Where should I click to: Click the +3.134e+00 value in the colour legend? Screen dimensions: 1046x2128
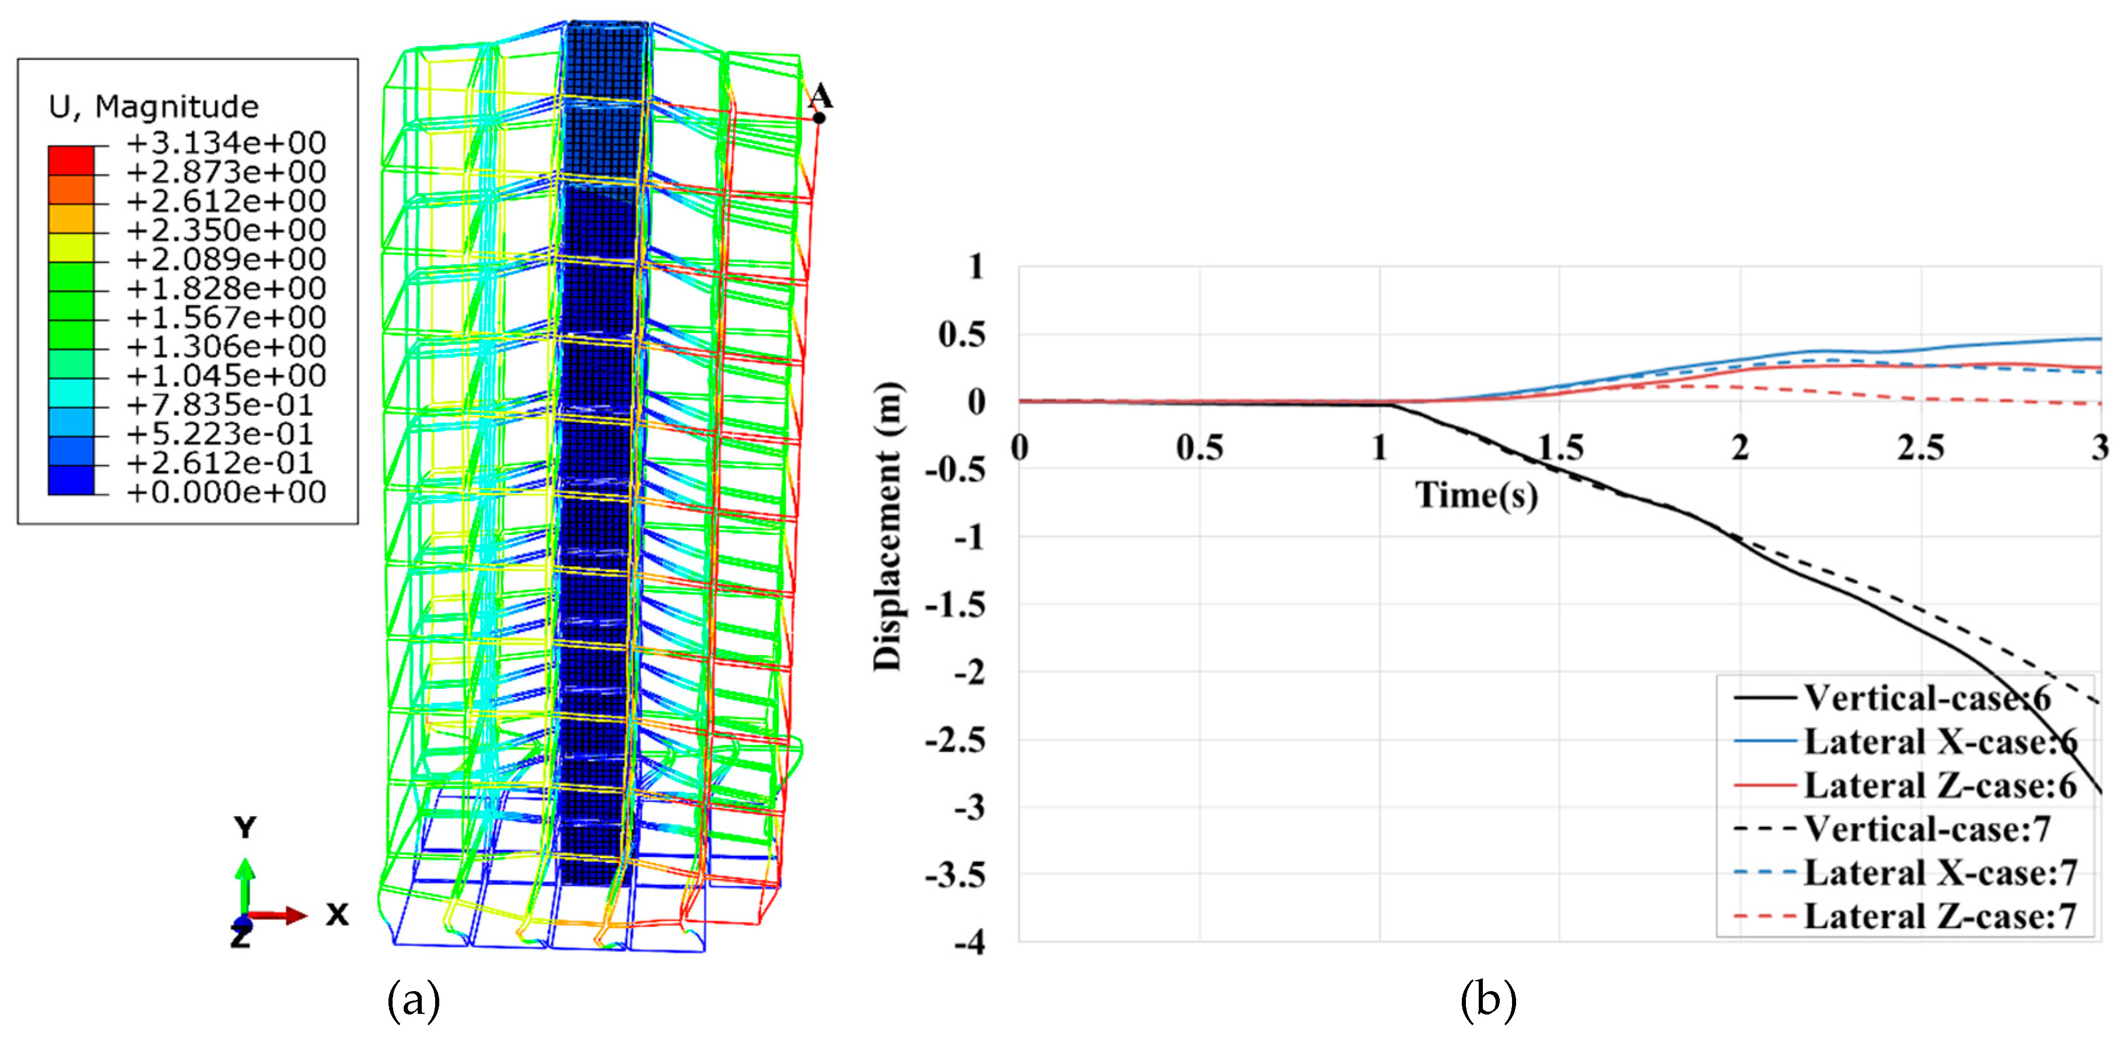point(226,143)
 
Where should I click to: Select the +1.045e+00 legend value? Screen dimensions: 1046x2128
point(226,376)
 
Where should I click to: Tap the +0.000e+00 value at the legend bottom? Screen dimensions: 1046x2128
point(226,492)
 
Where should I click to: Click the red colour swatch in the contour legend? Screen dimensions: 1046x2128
point(71,160)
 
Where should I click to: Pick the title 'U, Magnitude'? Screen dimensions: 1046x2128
point(153,107)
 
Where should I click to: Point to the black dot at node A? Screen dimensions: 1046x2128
point(818,117)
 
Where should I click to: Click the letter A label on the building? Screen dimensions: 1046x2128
point(820,95)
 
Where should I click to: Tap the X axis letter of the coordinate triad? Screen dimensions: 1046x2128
point(337,915)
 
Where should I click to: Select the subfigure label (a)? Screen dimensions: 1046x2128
point(413,1000)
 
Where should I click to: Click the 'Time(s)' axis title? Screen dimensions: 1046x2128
point(1477,495)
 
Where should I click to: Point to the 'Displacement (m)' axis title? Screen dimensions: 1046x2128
point(888,526)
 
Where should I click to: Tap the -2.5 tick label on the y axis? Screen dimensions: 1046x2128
point(955,740)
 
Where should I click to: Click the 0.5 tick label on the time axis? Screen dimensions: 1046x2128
point(1199,448)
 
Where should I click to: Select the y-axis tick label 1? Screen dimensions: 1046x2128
point(977,266)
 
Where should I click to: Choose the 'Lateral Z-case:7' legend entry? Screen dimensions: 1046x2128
point(1940,916)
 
